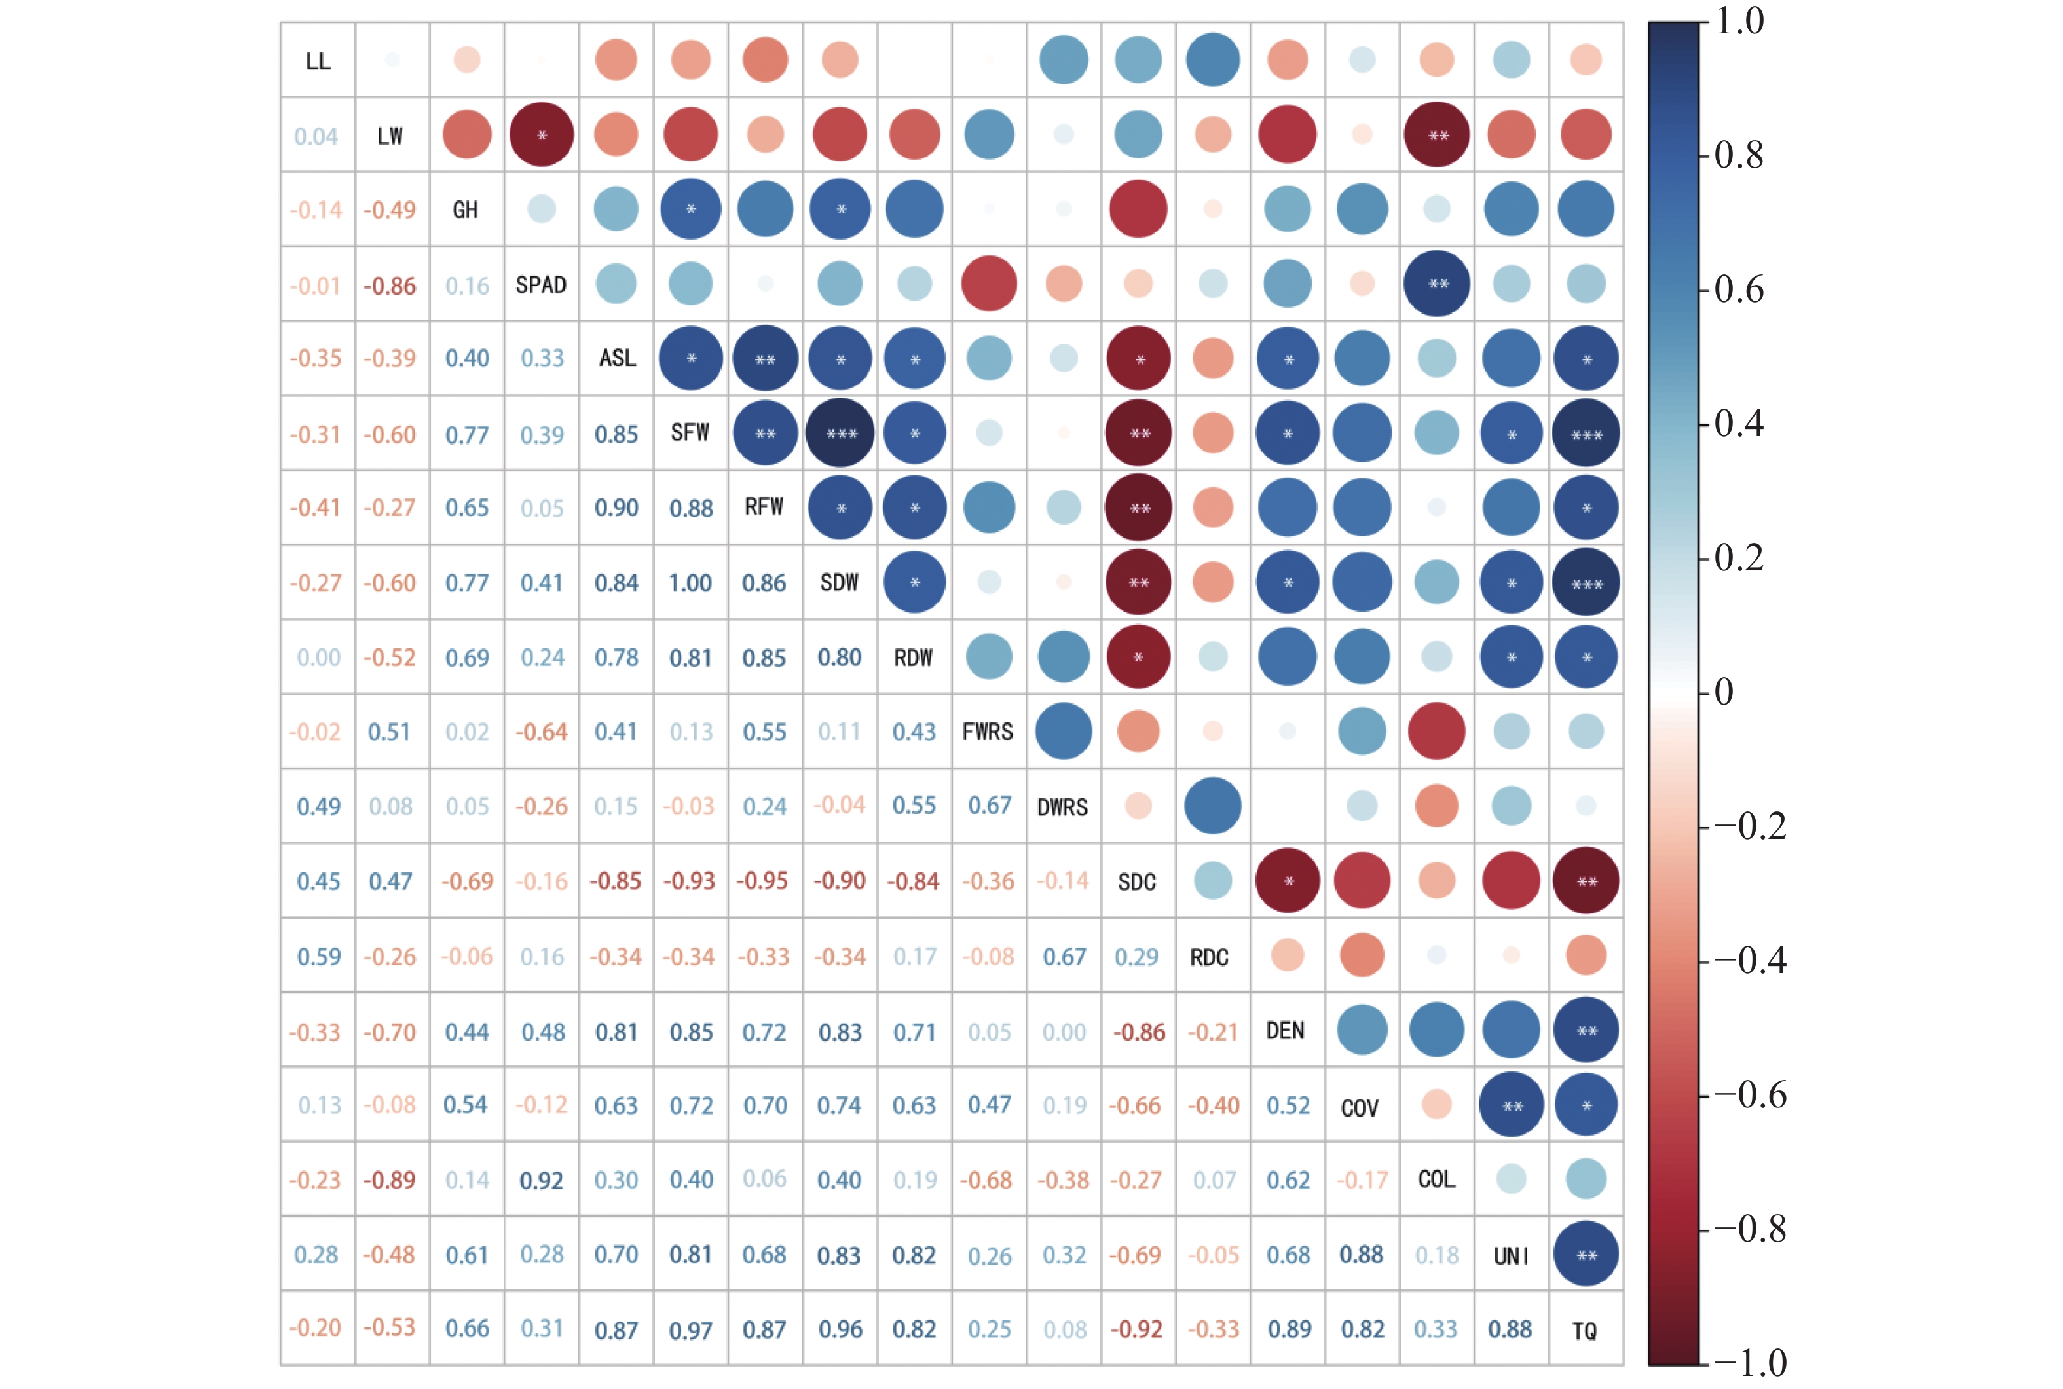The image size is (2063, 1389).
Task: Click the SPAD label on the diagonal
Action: point(540,284)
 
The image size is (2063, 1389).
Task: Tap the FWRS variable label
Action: point(988,732)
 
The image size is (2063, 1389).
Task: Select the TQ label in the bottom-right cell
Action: point(1585,1329)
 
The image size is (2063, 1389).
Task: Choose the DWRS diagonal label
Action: point(1062,807)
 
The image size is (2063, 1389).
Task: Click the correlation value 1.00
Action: point(690,583)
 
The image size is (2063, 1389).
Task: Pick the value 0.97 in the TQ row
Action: point(690,1329)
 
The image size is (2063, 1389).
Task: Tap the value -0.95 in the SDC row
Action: point(764,881)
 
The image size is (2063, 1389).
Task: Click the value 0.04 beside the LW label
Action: point(316,136)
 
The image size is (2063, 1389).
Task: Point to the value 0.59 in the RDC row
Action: point(318,957)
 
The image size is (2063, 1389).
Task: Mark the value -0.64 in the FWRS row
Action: point(540,732)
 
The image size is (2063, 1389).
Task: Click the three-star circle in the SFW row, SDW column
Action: point(840,433)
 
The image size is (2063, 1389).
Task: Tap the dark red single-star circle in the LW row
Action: point(541,135)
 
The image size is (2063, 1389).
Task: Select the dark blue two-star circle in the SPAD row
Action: point(1437,284)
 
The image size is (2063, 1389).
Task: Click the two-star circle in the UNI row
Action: point(1586,1254)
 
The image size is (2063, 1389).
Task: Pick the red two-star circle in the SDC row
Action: point(1586,881)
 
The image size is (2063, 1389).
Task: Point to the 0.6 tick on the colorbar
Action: point(1738,289)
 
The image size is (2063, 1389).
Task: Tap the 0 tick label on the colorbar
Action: point(1724,692)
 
